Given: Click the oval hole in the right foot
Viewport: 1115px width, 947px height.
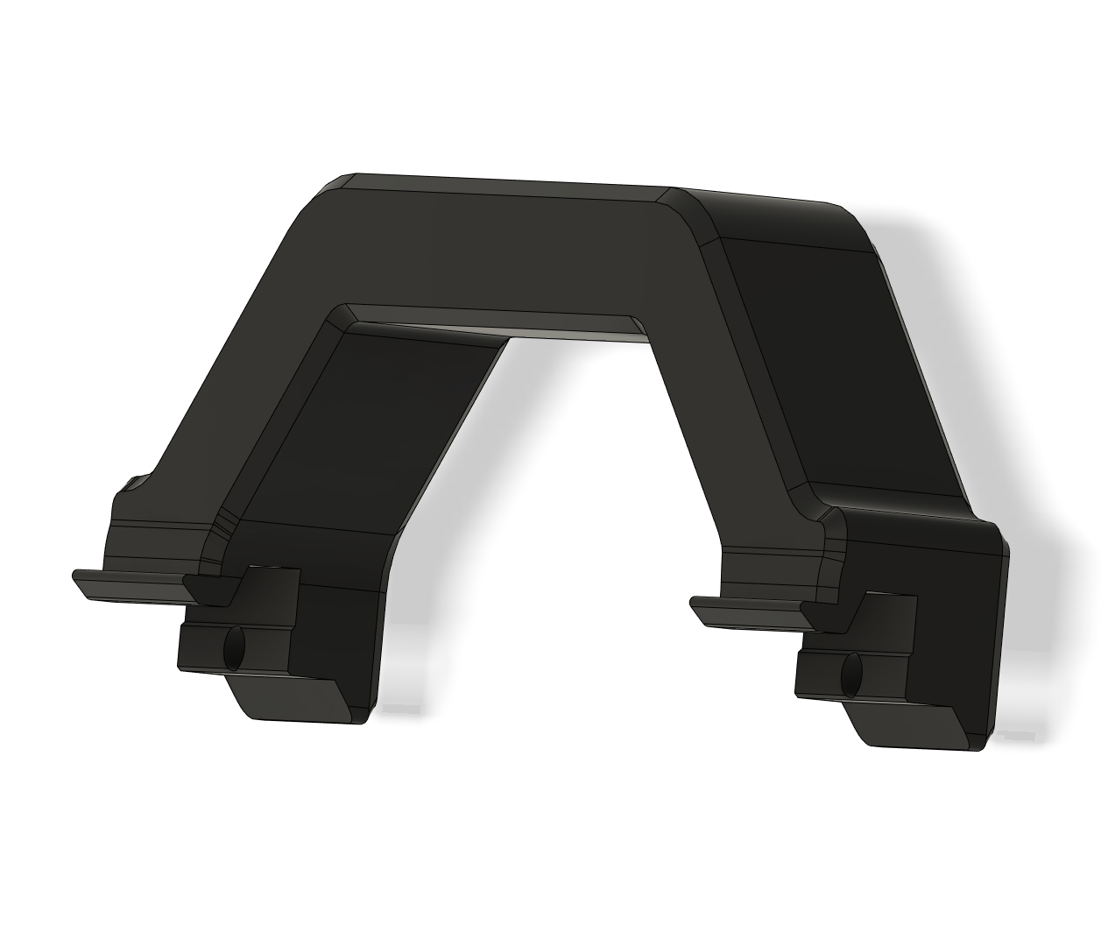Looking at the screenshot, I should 850,675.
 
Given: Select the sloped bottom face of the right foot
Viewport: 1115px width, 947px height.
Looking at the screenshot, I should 915,727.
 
